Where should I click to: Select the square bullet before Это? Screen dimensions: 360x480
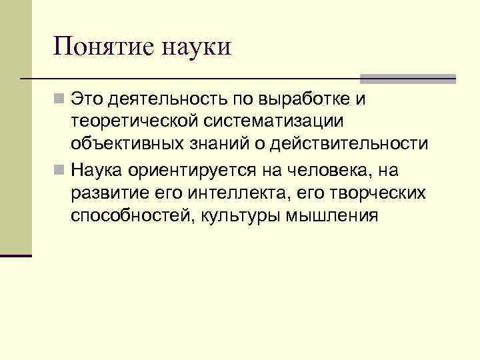click(61, 100)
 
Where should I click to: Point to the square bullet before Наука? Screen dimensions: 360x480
click(61, 171)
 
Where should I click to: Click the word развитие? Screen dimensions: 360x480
click(109, 193)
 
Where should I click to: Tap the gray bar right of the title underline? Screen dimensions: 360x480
click(408, 79)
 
